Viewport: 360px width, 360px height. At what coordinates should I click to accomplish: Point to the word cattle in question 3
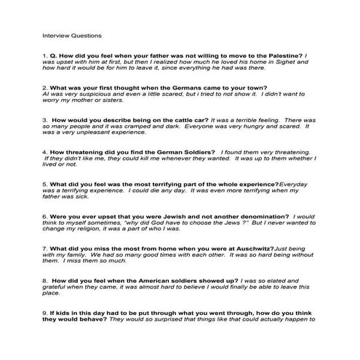coord(156,119)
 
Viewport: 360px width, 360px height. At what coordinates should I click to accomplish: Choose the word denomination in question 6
coord(255,217)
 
